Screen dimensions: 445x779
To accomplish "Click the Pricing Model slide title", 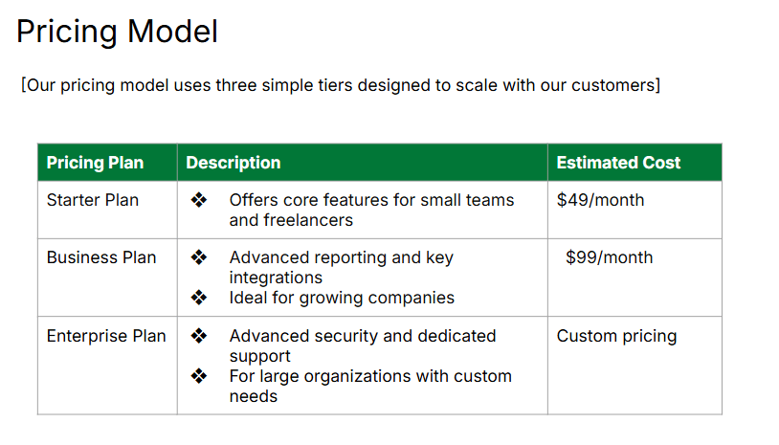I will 117,32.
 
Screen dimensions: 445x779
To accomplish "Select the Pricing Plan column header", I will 95,163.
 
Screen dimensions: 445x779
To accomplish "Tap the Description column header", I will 234,163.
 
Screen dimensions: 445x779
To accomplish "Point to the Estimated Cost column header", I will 618,163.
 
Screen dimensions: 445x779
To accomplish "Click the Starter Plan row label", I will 92,200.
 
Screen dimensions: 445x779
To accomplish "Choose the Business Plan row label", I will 100,257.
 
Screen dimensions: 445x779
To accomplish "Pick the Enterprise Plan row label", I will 105,336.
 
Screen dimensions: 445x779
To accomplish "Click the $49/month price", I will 600,200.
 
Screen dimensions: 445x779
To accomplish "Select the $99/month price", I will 610,257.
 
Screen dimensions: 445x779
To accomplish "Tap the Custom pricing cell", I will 616,336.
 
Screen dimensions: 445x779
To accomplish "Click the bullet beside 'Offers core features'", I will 199,200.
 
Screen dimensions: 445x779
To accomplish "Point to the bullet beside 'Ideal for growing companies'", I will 199,298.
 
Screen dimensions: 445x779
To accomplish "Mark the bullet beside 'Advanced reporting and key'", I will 199,257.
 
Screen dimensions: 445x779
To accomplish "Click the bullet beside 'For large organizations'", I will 199,376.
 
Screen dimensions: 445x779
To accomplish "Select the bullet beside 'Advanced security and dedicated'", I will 199,336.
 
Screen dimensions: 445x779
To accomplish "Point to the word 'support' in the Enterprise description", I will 259,356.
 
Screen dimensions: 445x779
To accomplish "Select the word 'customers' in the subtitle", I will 612,85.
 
